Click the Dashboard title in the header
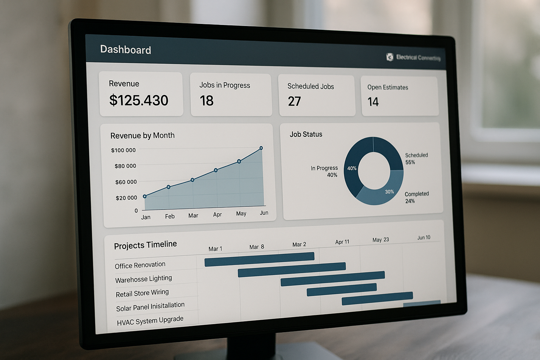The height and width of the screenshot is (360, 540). (x=126, y=50)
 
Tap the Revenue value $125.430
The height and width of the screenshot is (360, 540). (x=139, y=101)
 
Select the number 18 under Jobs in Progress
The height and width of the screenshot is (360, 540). (x=207, y=101)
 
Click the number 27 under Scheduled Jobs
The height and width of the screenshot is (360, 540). (x=294, y=102)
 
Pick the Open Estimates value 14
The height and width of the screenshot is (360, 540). (x=373, y=102)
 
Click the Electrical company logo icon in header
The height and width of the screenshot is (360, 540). (x=390, y=57)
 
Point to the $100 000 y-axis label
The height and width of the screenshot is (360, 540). (x=123, y=150)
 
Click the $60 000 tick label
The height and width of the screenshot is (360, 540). (x=126, y=182)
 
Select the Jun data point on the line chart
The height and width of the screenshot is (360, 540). (x=261, y=148)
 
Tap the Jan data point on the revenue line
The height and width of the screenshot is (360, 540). (x=144, y=197)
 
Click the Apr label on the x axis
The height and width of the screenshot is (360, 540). (x=217, y=214)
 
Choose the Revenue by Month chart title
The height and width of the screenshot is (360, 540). (x=142, y=135)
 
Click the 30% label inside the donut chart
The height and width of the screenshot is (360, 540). (x=389, y=192)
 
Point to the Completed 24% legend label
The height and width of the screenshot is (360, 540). (x=417, y=197)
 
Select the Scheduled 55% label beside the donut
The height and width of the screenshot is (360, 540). (x=416, y=159)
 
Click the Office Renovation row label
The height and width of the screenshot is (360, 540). (x=140, y=265)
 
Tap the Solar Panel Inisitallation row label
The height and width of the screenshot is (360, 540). (x=150, y=307)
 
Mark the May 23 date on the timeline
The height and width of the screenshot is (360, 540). (x=380, y=240)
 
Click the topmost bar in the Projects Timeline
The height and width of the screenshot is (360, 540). (x=259, y=259)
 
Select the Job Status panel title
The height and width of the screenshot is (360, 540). (x=306, y=134)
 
